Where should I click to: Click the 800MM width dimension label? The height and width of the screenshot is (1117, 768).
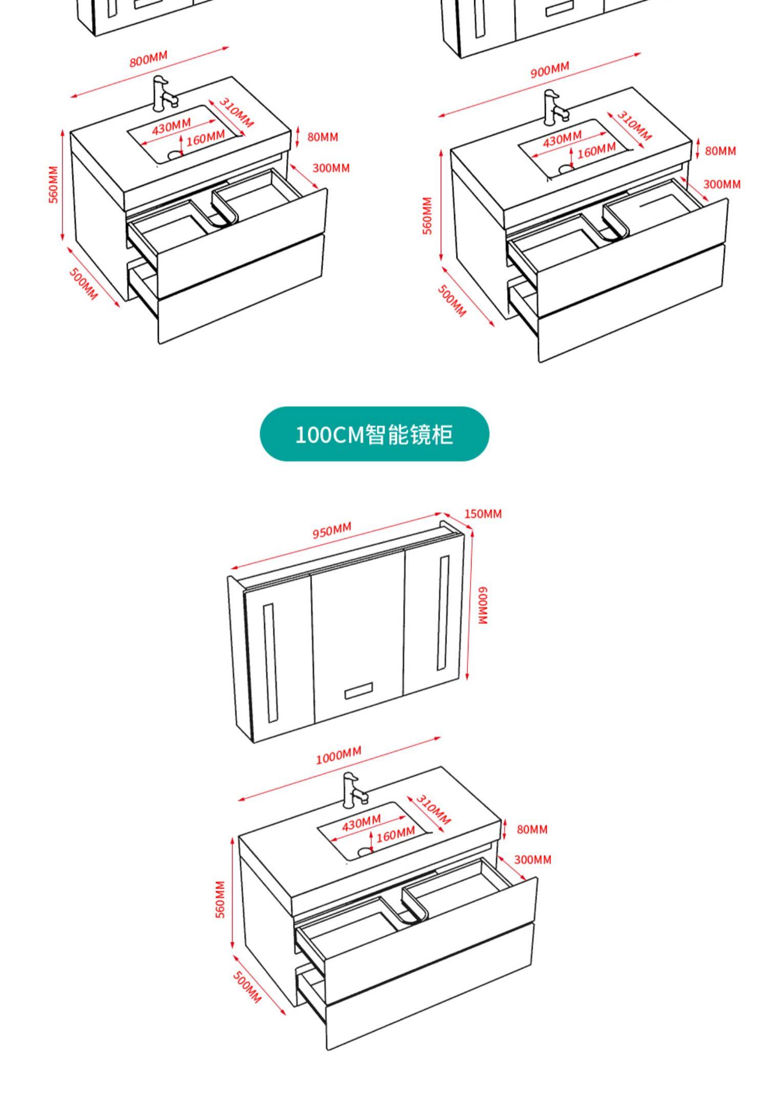coord(148,59)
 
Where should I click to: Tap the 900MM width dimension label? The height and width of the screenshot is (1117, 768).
coord(549,70)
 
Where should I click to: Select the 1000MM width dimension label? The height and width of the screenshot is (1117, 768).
coord(338,755)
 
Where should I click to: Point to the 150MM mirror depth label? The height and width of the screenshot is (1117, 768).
coord(483,513)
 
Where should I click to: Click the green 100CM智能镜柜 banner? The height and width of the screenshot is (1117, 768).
coord(374,434)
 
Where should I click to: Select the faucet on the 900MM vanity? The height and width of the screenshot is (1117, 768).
coord(554,107)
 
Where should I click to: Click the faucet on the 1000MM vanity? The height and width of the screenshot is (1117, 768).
coord(353,791)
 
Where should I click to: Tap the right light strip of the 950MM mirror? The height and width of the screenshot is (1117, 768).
coord(443,613)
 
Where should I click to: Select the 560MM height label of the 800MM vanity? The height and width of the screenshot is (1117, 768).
coord(54,184)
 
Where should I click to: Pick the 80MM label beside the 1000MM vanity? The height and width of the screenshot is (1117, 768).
coord(532,829)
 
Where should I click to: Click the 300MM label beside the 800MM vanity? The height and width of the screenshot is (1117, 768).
coord(331,168)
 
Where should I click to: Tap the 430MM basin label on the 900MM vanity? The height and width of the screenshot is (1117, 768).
coord(562,138)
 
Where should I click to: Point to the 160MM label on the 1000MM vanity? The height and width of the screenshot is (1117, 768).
coord(395,836)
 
